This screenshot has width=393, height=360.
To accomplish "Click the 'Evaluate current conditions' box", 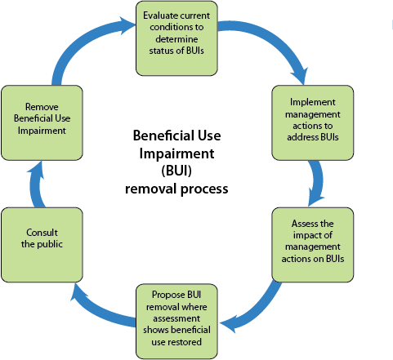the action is (x=176, y=38).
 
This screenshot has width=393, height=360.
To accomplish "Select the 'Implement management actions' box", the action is (x=313, y=122).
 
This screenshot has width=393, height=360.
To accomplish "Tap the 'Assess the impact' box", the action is (x=313, y=245).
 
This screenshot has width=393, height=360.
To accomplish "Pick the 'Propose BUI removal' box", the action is (x=176, y=322).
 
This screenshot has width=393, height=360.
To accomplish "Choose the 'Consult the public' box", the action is (x=42, y=245).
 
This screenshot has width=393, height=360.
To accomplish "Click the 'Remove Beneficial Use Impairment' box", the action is (x=42, y=122).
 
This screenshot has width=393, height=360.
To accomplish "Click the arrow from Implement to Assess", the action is (x=318, y=183).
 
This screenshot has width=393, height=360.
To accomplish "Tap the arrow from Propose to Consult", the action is (x=98, y=310).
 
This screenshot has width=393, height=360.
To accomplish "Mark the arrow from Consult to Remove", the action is (x=35, y=185).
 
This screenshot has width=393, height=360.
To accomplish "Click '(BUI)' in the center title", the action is (x=176, y=171).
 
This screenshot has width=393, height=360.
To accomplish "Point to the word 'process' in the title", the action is (x=204, y=189).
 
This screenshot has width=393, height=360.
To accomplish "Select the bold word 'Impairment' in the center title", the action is (x=176, y=153).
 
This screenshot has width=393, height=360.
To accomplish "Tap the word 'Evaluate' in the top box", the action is (x=159, y=16).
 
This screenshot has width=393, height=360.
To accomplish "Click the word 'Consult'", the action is (x=42, y=233).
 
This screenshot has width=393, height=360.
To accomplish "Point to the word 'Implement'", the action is (x=313, y=102).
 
